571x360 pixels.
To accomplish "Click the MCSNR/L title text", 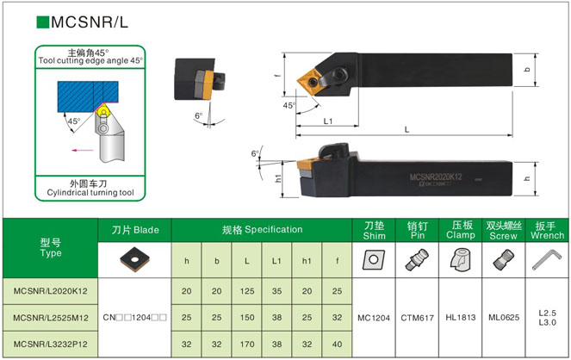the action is [x=90, y=22].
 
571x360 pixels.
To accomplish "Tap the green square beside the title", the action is [x=42, y=22].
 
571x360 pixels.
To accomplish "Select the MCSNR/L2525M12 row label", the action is [x=51, y=318].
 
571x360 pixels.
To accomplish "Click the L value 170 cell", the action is [x=247, y=344].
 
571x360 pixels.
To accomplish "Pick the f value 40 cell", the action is [x=337, y=344].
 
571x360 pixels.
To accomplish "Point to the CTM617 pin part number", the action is [x=418, y=318].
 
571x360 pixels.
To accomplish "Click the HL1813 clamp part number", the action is [x=461, y=318].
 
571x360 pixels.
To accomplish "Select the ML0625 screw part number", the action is [x=504, y=318].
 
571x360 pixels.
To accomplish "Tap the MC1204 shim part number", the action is [x=374, y=318].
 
